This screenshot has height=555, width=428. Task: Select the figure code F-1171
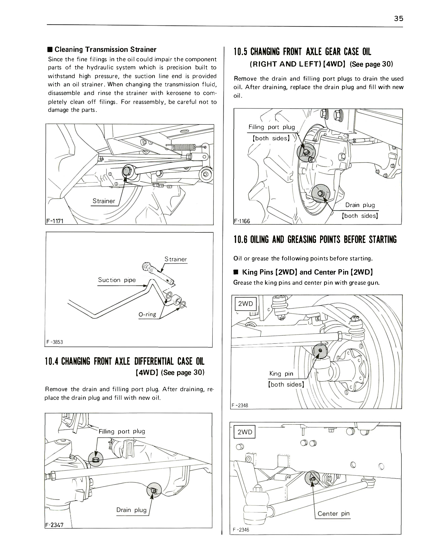pos(54,221)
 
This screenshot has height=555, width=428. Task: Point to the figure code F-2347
pos(54,525)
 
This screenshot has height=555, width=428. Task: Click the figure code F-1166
pos(242,221)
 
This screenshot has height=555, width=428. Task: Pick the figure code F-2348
pos(240,406)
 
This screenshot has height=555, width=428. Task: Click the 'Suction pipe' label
pos(117,280)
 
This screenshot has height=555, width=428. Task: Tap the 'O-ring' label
pos(147,314)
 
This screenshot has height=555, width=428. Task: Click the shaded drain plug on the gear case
pos(320,194)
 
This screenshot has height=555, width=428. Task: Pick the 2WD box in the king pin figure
pos(245,304)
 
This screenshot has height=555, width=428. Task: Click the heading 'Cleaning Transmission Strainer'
pos(105,49)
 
